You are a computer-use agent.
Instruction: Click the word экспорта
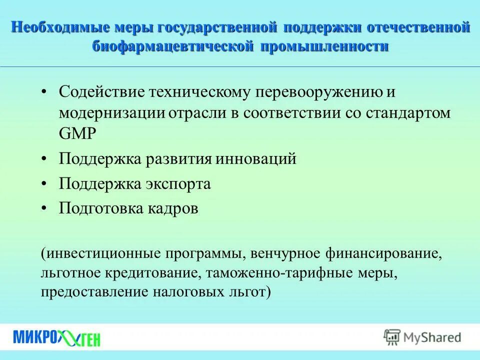pyautogui.click(x=178, y=184)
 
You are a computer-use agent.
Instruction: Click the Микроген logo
pyautogui.click(x=56, y=337)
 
